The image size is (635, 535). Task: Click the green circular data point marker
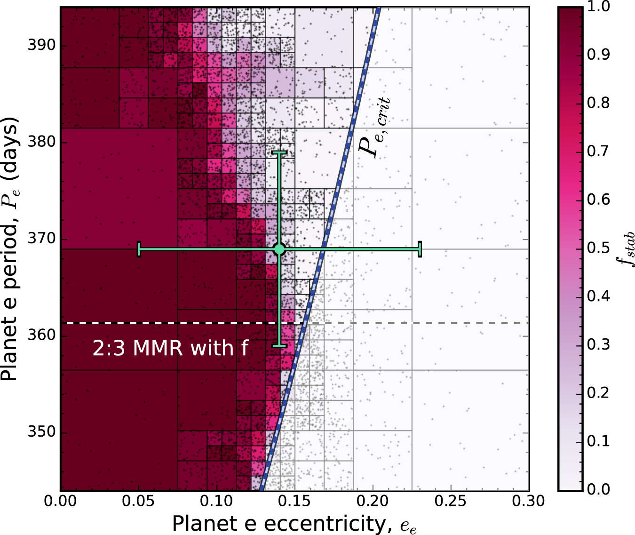point(279,249)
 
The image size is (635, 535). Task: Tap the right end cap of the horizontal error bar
point(420,249)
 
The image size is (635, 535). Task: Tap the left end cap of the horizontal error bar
point(139,249)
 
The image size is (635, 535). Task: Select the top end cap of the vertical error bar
point(279,152)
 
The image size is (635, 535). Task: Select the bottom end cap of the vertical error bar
point(279,346)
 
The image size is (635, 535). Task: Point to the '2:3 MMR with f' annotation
point(170,349)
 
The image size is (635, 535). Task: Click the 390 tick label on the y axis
point(41,46)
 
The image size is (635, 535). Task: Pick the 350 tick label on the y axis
point(41,432)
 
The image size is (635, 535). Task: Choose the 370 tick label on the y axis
point(41,239)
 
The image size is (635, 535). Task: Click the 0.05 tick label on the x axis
point(139,501)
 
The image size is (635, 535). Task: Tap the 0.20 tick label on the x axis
point(373,501)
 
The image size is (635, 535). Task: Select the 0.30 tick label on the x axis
point(529,501)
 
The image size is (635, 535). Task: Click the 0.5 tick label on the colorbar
point(598,248)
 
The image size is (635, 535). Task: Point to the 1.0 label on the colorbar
point(598,7)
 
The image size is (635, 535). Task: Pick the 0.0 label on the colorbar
point(598,489)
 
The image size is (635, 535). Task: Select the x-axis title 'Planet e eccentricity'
point(294,524)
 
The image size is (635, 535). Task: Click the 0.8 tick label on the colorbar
point(598,103)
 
